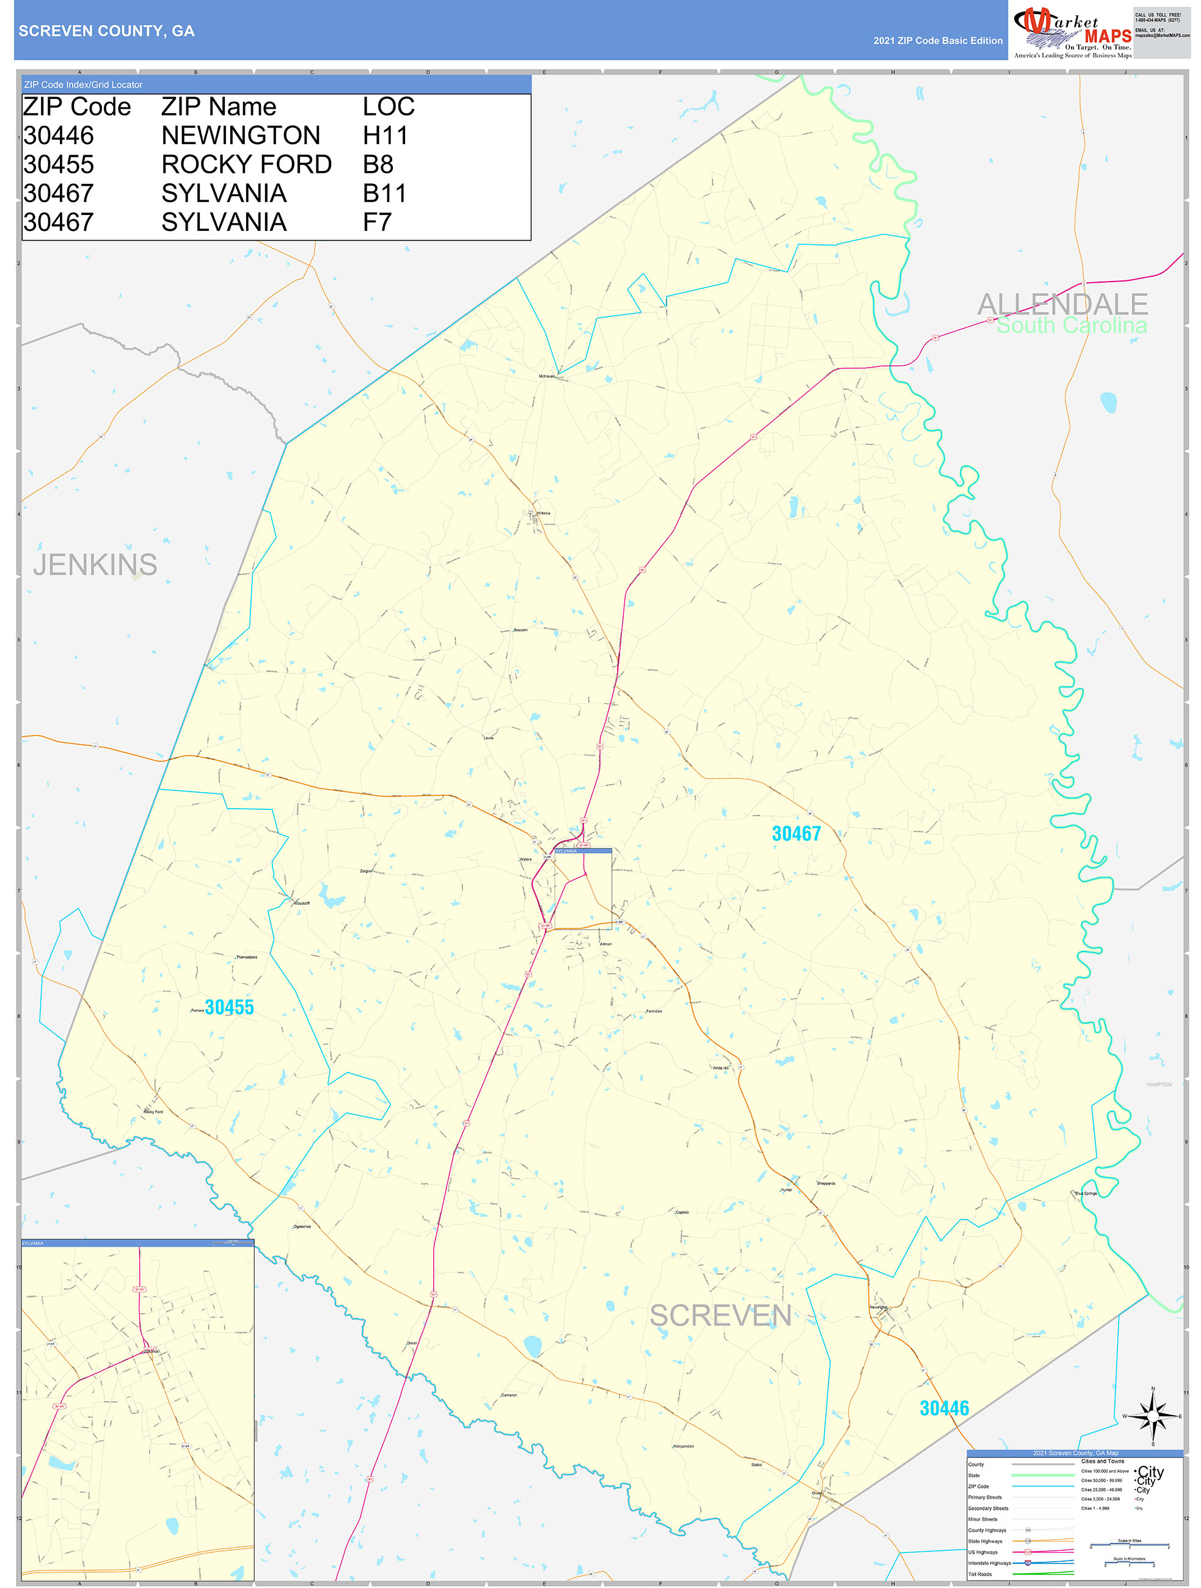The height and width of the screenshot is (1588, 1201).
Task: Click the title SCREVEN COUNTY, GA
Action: pyautogui.click(x=106, y=31)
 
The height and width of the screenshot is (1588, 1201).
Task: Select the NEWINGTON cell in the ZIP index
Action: pyautogui.click(x=241, y=136)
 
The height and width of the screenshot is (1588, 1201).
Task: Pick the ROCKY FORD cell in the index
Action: pyautogui.click(x=246, y=164)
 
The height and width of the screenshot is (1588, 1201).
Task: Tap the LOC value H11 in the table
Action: pyautogui.click(x=385, y=136)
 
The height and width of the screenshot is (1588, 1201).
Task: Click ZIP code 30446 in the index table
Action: pyautogui.click(x=58, y=136)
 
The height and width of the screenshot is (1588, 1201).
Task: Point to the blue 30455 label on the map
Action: pyautogui.click(x=229, y=1007)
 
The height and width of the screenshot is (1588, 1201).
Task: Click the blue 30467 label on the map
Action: pyautogui.click(x=795, y=834)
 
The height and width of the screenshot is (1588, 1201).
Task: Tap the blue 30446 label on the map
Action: pyautogui.click(x=944, y=1408)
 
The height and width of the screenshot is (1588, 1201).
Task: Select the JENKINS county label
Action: pyautogui.click(x=95, y=565)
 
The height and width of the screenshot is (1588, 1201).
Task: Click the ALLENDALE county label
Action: pyautogui.click(x=1062, y=304)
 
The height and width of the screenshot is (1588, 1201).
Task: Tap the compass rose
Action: pyautogui.click(x=1152, y=1416)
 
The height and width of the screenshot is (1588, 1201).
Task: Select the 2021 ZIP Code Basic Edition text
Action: pyautogui.click(x=938, y=41)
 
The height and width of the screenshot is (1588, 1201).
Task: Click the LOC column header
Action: pyautogui.click(x=389, y=107)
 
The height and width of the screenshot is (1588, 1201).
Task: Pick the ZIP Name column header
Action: pyautogui.click(x=218, y=107)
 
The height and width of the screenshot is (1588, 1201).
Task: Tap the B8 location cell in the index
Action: pyautogui.click(x=378, y=164)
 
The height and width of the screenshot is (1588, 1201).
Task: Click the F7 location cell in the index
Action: pyautogui.click(x=377, y=222)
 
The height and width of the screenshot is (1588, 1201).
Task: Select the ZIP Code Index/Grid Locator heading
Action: pyautogui.click(x=83, y=85)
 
